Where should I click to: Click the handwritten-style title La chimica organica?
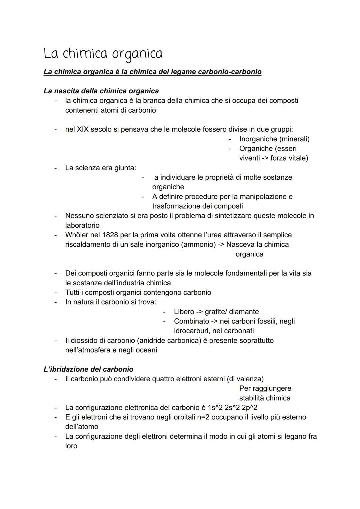pos(103,54)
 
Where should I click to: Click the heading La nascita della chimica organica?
pos(101,91)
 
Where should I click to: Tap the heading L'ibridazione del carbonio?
pos(88,369)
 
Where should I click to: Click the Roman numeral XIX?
pos(83,129)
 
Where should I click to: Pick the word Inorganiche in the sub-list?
pos(258,139)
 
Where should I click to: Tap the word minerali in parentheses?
pos(295,139)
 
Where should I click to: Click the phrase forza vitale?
pos(289,158)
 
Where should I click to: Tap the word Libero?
pos(184,312)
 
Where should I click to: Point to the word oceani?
pos(145,350)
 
